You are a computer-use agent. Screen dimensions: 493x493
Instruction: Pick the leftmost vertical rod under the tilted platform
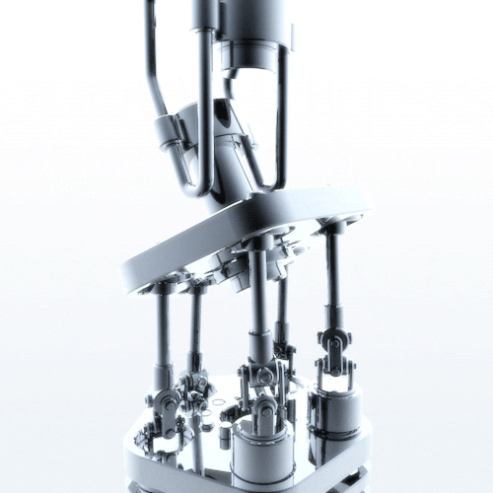pos(161,330)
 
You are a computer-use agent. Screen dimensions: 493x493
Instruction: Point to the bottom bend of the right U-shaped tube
pos(267,184)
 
